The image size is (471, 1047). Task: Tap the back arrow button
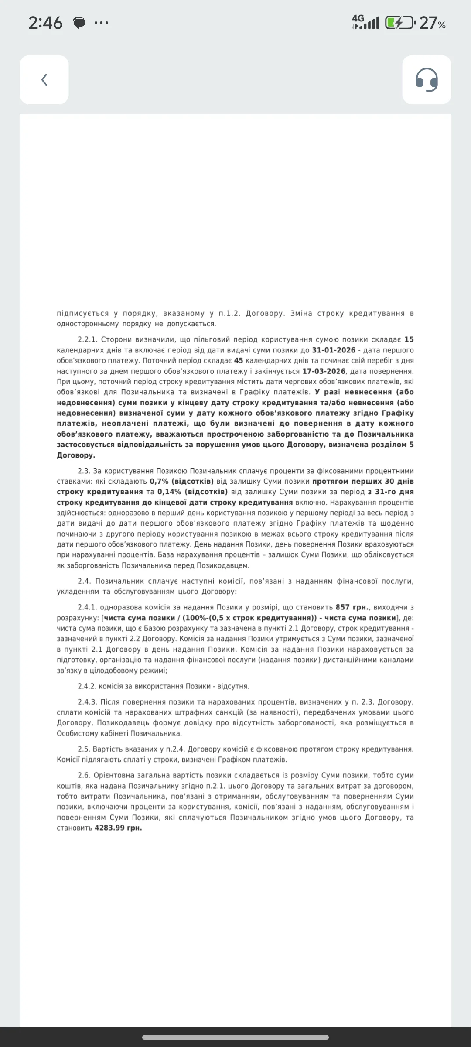pos(44,79)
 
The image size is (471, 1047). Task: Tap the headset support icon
pos(427,79)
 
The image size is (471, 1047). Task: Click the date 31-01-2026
pos(334,350)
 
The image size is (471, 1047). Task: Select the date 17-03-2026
pos(323,371)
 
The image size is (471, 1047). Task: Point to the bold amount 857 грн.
pos(352,607)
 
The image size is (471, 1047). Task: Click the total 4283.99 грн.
pos(118,828)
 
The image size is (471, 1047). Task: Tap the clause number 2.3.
pos(84,471)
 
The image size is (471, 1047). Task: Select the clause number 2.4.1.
pos(88,607)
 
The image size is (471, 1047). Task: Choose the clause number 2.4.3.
pos(88,702)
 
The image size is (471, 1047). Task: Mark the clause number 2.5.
pos(84,749)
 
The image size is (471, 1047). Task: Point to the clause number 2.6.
pos(84,775)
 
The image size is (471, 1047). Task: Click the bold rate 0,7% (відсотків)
pos(181,482)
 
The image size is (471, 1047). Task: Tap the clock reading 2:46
pos(45,23)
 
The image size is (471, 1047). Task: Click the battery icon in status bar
pos(399,23)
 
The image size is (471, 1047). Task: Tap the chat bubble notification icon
pos(79,23)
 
